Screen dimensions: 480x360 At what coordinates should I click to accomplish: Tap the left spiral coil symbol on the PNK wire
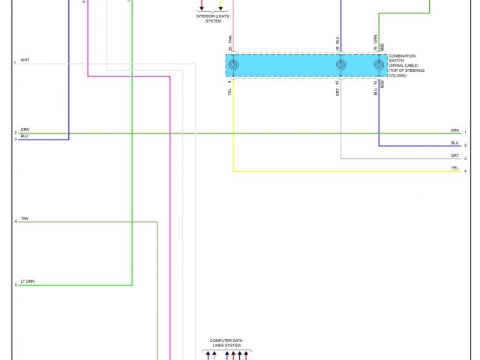pos(233,66)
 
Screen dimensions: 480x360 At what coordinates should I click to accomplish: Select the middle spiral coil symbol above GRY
pos(341,66)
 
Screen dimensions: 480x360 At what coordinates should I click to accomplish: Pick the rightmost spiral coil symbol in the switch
pos(379,66)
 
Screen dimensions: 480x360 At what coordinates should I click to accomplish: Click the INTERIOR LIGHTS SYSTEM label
pos(213,17)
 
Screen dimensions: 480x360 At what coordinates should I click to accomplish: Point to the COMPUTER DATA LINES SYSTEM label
pos(226,343)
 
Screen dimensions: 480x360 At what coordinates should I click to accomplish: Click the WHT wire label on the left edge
pos(25,59)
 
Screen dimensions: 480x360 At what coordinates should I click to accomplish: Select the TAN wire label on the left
pos(25,217)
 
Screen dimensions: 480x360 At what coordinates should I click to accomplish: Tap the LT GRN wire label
pos(27,280)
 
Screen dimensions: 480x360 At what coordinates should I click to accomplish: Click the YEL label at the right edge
pos(454,168)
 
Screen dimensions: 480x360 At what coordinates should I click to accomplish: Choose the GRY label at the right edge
pos(454,155)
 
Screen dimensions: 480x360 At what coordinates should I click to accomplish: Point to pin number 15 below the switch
pos(338,82)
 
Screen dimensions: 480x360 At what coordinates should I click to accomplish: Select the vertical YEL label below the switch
pos(230,92)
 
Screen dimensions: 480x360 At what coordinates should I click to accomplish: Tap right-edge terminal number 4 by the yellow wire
pos(465,172)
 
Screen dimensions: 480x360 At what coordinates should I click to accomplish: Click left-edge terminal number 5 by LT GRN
pos(15,285)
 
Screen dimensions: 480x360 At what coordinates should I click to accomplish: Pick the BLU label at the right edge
pos(454,142)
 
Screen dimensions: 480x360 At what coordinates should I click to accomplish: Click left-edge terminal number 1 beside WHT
pos(15,63)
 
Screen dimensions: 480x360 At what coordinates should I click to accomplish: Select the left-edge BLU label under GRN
pos(25,136)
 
